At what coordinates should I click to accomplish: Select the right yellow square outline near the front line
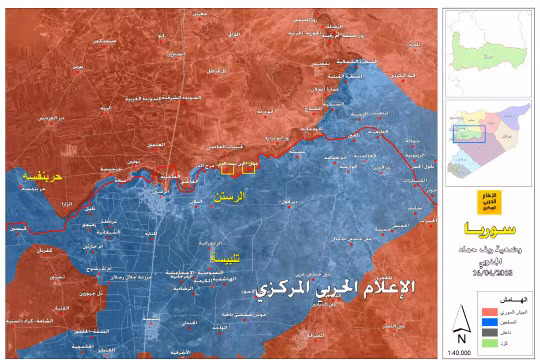pos(249,166)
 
